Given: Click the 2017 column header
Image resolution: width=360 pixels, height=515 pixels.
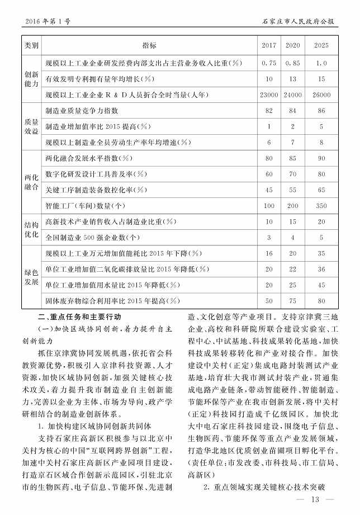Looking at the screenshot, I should [269, 45].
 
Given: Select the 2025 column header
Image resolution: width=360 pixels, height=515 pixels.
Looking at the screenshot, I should [321, 45].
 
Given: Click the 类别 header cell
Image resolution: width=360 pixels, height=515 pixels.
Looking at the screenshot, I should [31, 45].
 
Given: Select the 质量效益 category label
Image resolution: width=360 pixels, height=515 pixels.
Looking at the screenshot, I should [31, 126].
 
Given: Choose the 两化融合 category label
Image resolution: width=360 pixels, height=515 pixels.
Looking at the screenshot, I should [31, 182].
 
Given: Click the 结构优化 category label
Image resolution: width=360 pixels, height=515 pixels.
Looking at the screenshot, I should [31, 229].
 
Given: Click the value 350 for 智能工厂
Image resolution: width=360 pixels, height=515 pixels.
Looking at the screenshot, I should [321, 206].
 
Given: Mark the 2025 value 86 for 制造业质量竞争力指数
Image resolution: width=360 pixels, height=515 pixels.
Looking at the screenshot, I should [321, 111].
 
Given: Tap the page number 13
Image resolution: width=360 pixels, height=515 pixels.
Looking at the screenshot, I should [314, 499].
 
